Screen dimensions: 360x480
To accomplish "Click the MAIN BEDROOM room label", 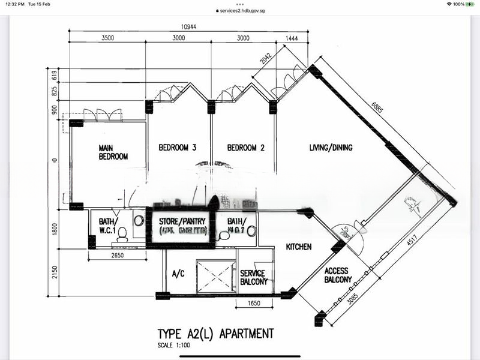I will pos(113,152).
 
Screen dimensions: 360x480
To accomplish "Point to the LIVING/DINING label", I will pos(331,148).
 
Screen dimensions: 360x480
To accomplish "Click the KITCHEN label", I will pos(298,247).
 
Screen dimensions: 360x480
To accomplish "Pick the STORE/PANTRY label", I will pos(179,221).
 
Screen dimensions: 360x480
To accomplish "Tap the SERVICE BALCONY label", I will pos(253,277).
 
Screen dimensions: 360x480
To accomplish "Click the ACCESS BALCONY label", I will pos(338,275).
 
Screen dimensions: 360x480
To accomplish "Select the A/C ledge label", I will pos(178,274).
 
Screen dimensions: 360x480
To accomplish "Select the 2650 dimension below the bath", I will pos(118,256).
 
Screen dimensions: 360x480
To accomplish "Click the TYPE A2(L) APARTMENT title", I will pos(216,333).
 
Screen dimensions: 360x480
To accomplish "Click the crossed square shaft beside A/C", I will pos(216,276).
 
